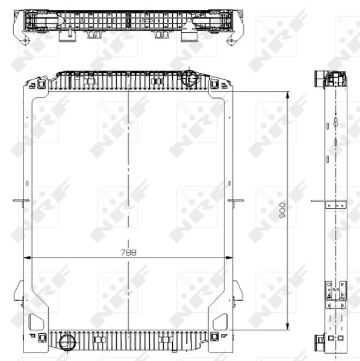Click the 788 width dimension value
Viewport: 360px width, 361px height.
coord(128,253)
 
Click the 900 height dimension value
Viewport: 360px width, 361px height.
coord(282,210)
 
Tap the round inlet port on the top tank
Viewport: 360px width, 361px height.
coord(189,78)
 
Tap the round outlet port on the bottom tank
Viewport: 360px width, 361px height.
coord(67,342)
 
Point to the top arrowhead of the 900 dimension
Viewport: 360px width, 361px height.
coord(287,95)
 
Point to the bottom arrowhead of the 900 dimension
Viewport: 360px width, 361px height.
coord(287,327)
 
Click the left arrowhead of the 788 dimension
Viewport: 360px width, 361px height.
coord(28,258)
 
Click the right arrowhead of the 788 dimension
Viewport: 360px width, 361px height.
coord(229,258)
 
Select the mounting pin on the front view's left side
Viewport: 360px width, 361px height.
coord(21,200)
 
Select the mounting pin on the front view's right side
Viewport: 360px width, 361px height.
coord(235,200)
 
